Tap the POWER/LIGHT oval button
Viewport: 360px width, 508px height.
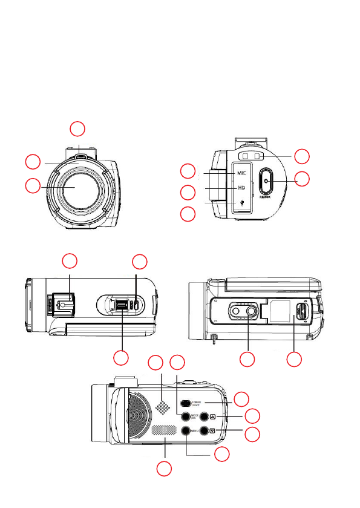tap(186, 403)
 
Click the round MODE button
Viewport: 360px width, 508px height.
tap(186, 417)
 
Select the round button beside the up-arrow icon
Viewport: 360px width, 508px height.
tap(205, 417)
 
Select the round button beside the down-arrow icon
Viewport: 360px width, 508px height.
tap(205, 431)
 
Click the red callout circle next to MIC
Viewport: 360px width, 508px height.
tap(189, 171)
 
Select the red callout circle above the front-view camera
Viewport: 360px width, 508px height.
tap(77, 128)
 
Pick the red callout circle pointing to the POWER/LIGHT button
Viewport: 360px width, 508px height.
tap(241, 398)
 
